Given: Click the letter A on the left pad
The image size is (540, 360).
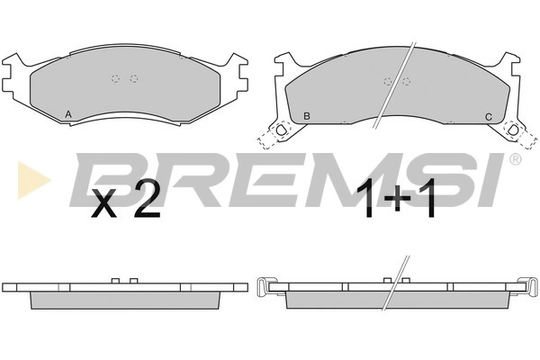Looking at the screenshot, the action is pos(68,114).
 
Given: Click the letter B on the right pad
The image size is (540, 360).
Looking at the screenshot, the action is pos(307,116).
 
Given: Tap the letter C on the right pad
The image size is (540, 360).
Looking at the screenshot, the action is pos(489,117).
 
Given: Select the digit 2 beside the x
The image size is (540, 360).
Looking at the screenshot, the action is pos(148,200).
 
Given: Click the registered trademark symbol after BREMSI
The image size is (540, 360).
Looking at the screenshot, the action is pos(516,159).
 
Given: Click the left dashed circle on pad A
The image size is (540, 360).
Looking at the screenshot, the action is pos(115,78).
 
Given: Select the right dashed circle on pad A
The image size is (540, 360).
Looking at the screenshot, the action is pos(134,78).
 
